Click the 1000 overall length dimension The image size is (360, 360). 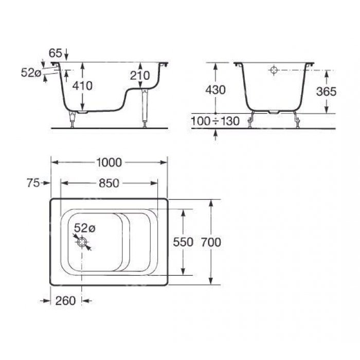[x=109, y=163]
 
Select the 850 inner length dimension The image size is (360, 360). [x=109, y=183]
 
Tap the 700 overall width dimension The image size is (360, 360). [x=211, y=242]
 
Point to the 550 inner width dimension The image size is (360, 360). [x=183, y=242]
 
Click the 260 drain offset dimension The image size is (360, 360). [x=65, y=301]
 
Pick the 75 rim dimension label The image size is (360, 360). [x=33, y=183]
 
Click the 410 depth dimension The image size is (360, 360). [x=82, y=86]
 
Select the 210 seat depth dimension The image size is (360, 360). [x=140, y=76]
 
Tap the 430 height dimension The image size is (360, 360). [x=215, y=90]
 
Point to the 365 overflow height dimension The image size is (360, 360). [x=326, y=92]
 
